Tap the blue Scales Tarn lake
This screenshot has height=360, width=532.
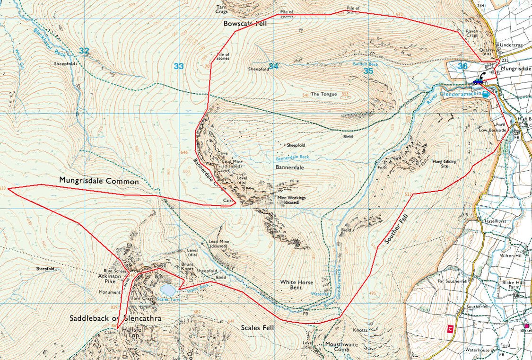point(167,289)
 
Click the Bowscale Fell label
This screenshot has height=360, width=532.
point(245,23)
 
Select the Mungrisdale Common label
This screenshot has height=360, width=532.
point(99,181)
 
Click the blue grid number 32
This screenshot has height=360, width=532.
point(84,51)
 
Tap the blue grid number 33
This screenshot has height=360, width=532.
point(178,66)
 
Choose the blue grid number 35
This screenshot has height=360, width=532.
point(368,70)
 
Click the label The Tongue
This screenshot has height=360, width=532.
point(323,94)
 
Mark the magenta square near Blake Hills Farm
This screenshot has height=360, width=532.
point(527,326)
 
